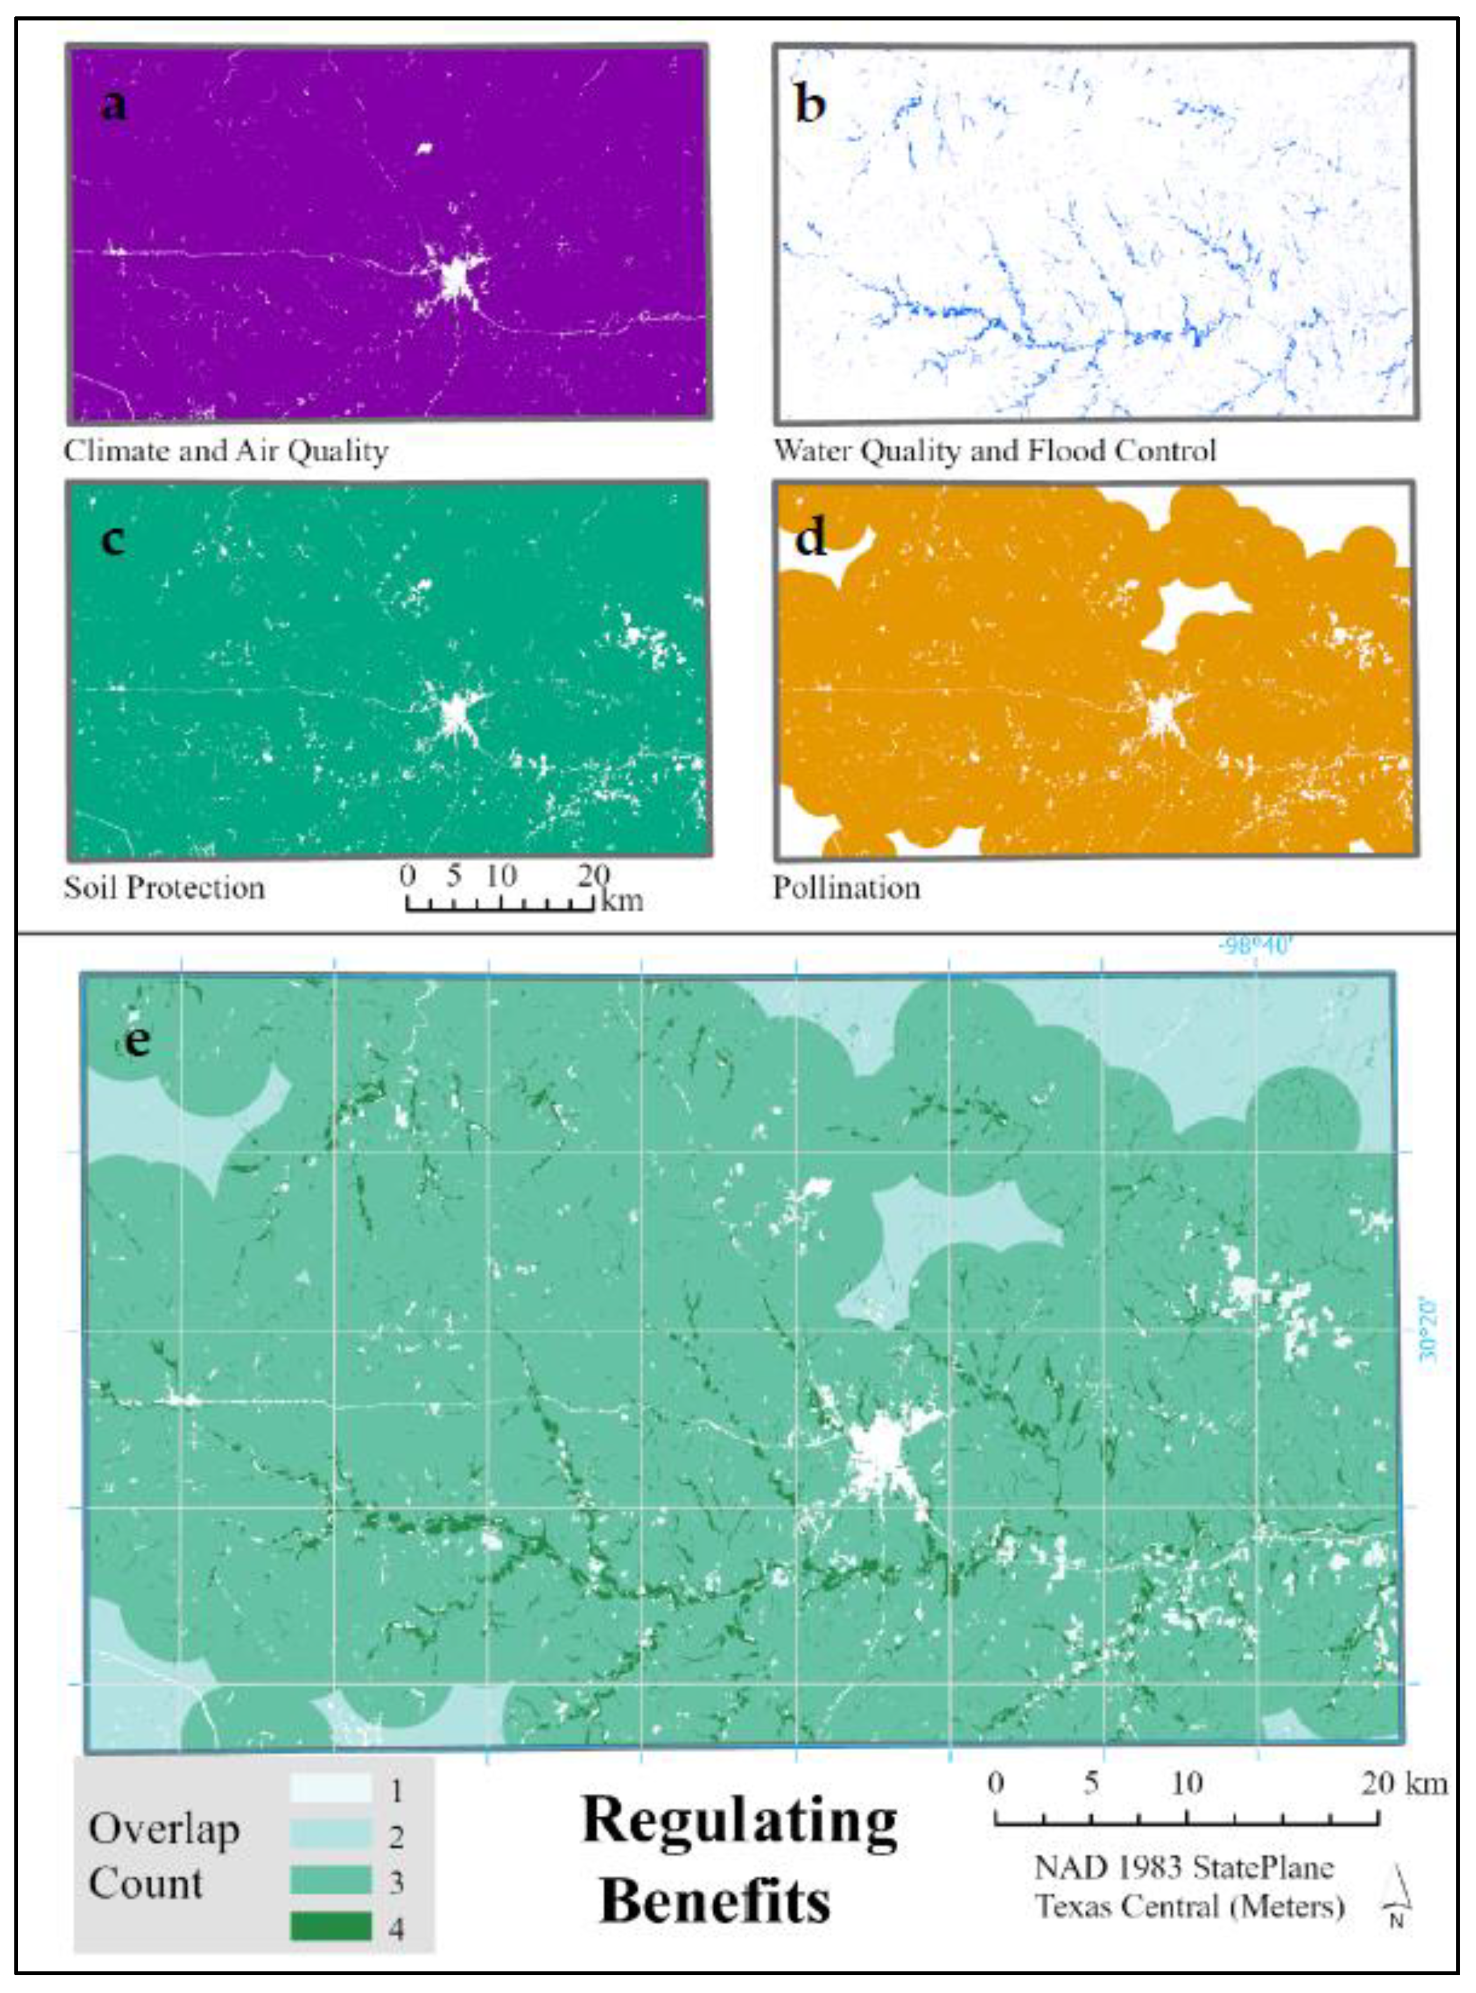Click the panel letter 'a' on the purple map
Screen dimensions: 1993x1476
click(113, 106)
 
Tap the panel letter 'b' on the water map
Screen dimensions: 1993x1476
click(809, 106)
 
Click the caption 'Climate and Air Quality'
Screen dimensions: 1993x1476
click(225, 451)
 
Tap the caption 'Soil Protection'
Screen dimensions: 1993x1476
click(164, 887)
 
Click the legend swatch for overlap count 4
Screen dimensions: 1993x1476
click(330, 1925)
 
